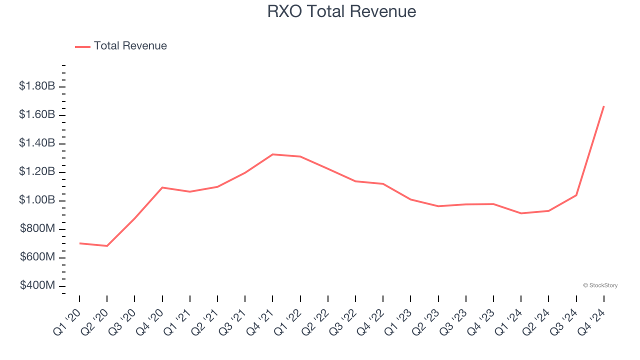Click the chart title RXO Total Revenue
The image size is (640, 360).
(341, 11)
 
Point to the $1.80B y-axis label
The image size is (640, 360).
(37, 86)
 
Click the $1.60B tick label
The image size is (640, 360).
(37, 114)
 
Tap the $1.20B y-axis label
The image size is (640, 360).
(37, 171)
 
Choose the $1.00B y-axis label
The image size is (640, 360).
(37, 200)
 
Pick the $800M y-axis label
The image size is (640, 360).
(37, 228)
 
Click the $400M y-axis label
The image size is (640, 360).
(37, 285)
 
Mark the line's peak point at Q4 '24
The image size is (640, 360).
(604, 106)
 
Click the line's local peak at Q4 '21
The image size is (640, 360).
(272, 154)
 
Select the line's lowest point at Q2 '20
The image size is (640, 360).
(107, 246)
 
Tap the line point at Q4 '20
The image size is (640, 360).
(162, 187)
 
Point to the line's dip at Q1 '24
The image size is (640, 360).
(521, 213)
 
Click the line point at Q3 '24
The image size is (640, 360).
(576, 195)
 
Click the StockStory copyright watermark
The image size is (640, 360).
(600, 285)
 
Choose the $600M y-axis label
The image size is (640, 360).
(37, 257)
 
